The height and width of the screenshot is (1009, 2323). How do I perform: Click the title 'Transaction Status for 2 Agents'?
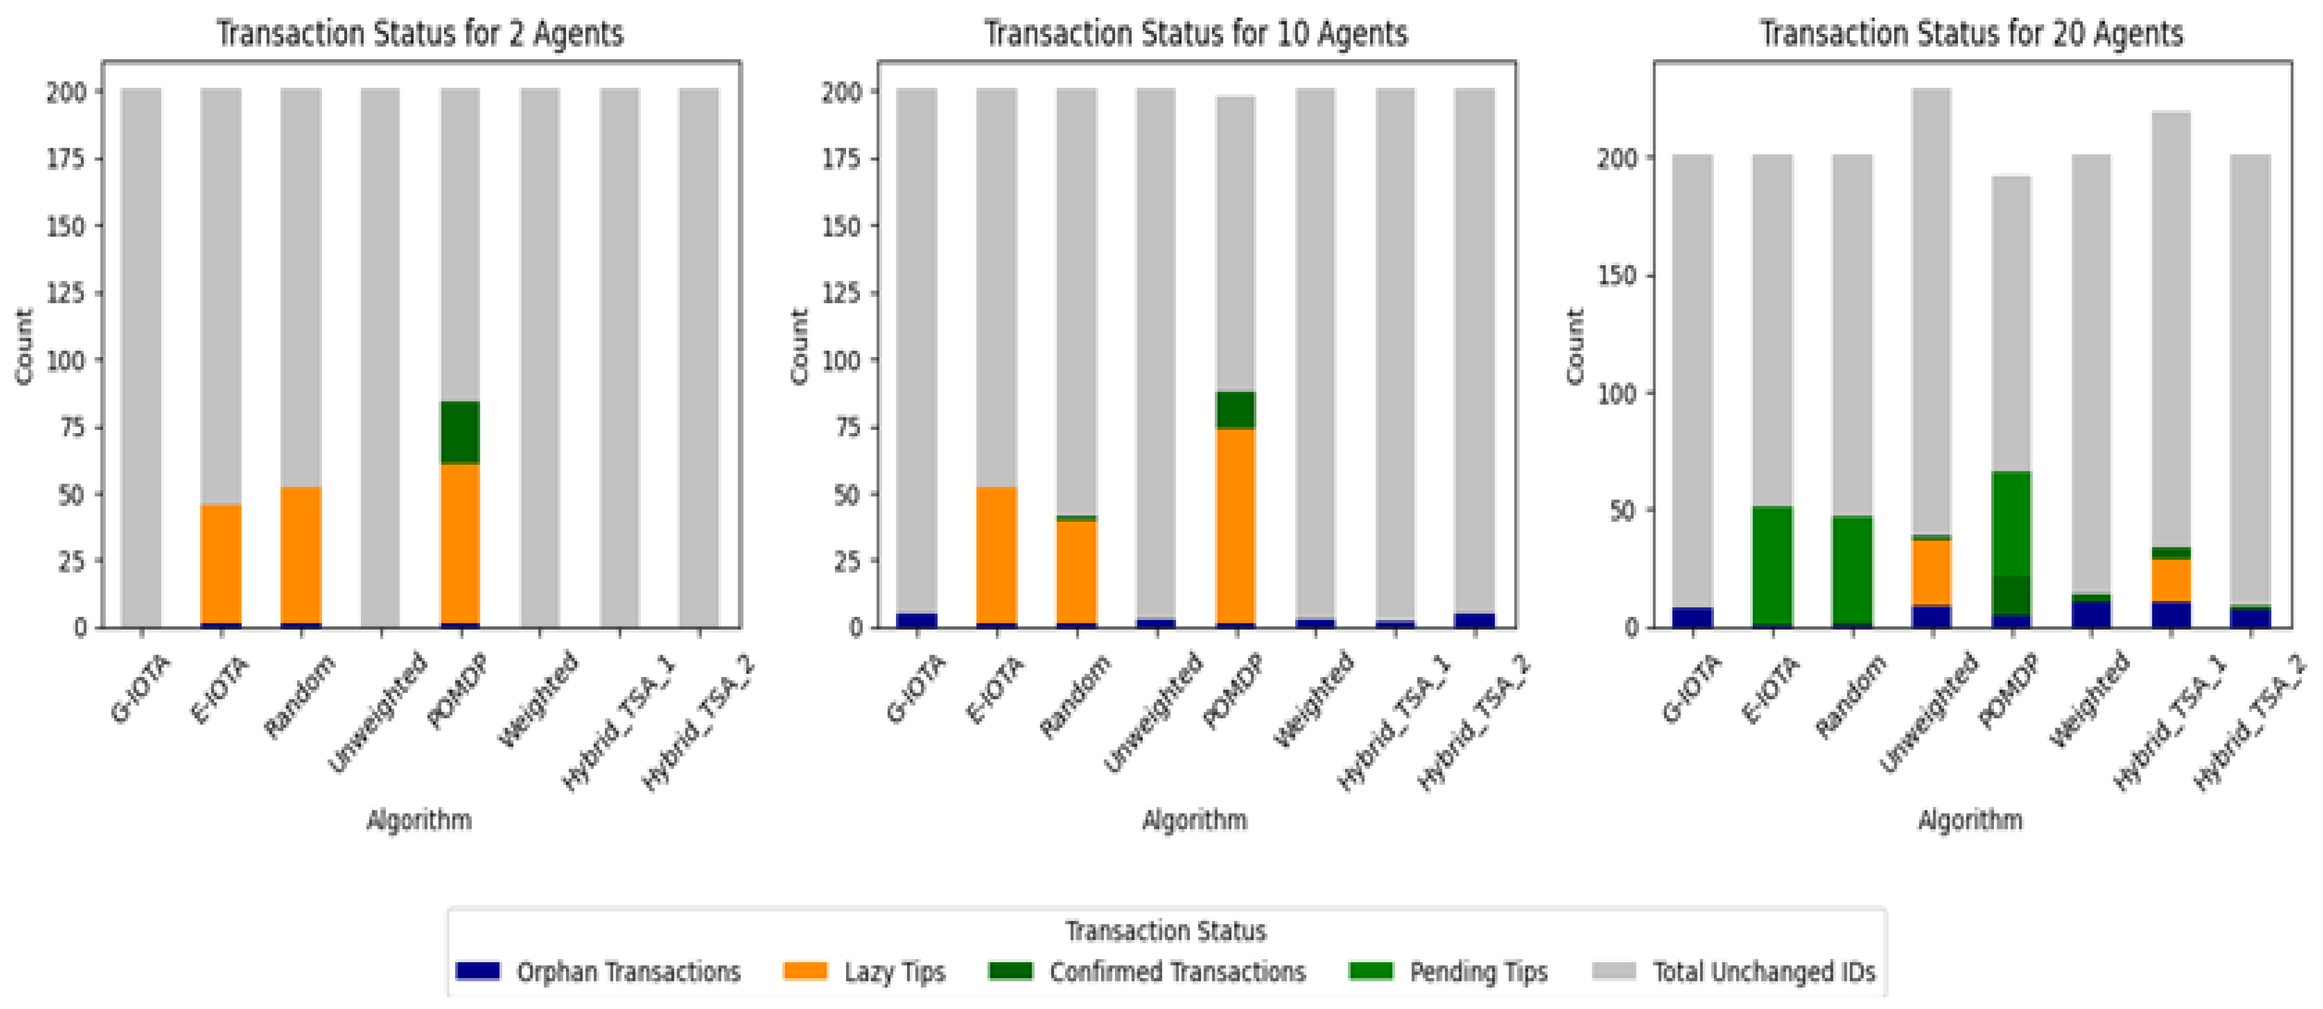coord(419,34)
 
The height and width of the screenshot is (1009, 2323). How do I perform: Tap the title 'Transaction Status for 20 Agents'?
coord(1971,34)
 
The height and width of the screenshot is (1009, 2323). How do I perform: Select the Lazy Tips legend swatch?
coord(805,971)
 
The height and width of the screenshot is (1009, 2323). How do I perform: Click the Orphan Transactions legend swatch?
coord(477,971)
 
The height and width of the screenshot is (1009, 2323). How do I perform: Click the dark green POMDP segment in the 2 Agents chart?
coord(460,432)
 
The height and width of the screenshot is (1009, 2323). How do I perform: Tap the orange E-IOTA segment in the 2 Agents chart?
coord(221,564)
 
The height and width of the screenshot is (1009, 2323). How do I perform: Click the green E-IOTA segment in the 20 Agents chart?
coord(1772,564)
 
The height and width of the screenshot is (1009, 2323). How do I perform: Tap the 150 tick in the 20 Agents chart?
coord(1619,275)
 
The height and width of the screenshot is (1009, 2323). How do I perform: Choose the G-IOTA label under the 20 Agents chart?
coord(1691,689)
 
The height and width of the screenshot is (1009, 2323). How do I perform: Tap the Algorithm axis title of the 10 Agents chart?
coord(1195,820)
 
